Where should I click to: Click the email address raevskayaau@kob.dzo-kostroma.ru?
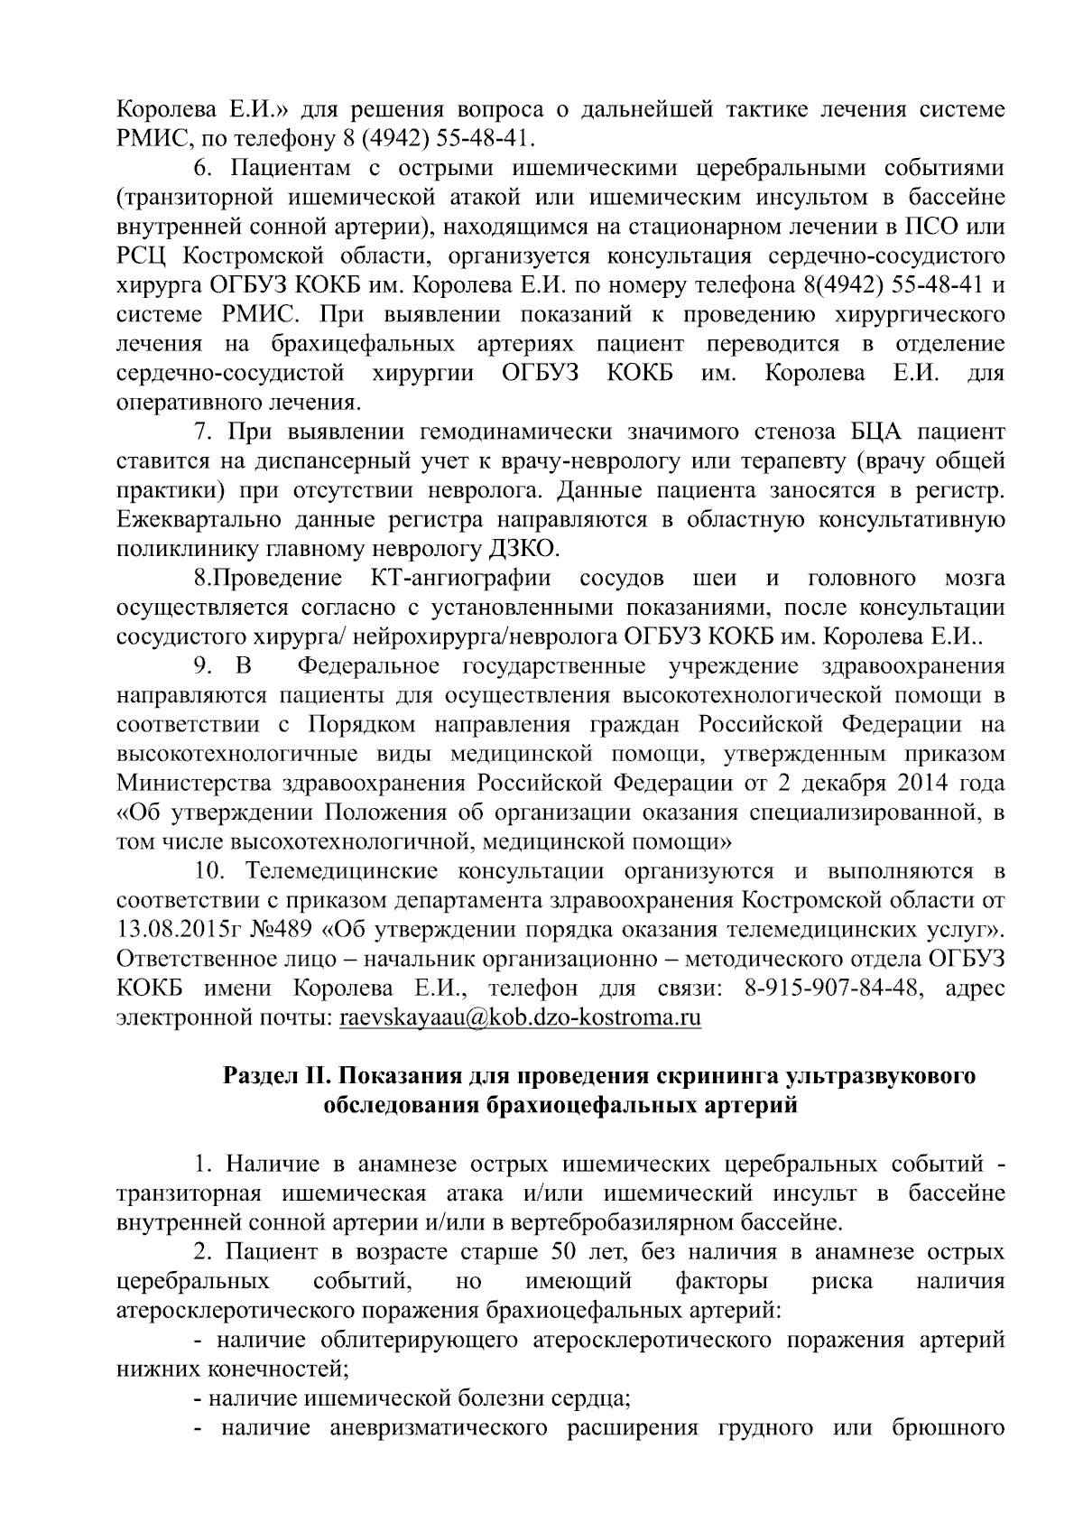click(520, 1017)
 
